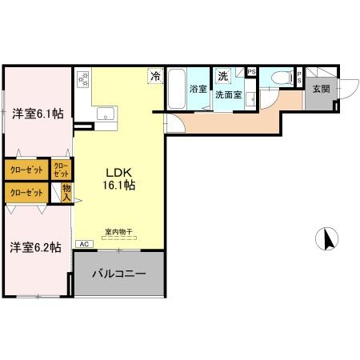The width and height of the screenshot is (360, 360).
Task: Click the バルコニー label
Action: (x=118, y=274)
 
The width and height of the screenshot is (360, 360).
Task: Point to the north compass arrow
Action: (x=328, y=238)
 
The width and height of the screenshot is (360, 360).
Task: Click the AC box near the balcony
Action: (x=82, y=245)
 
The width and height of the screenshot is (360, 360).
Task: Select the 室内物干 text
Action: (x=118, y=233)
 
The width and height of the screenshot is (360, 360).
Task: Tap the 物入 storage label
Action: (x=67, y=192)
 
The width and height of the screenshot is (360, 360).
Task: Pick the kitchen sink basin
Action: (x=105, y=115)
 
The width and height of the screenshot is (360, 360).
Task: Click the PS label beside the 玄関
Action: (x=298, y=78)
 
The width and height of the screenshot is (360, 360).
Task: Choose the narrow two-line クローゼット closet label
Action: (x=60, y=170)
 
